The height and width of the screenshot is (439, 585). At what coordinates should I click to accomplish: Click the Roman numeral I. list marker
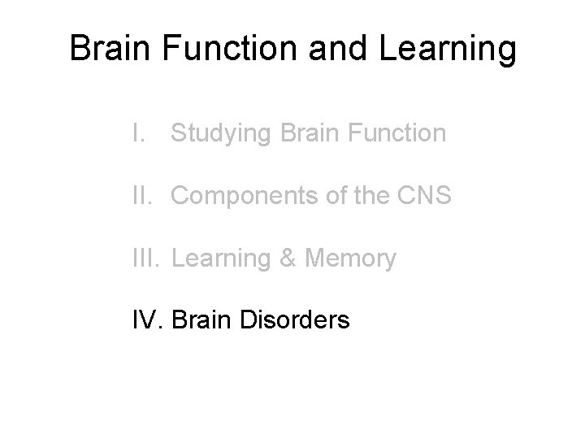coord(141,133)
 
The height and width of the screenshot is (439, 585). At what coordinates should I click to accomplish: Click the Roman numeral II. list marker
coord(145,196)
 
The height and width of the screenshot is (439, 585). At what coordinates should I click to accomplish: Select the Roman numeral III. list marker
coord(148,259)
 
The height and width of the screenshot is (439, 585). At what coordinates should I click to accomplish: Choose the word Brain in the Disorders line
coord(201,320)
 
